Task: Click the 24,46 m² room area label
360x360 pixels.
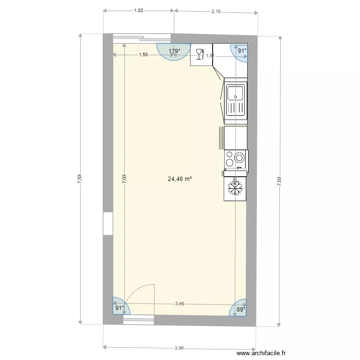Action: coord(180,179)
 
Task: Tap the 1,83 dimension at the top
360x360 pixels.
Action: coord(138,10)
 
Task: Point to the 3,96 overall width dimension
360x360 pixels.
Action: coord(180,348)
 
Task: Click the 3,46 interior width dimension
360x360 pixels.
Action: coord(180,303)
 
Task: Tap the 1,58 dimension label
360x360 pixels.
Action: coord(143,55)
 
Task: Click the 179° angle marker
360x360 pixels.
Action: coord(174,51)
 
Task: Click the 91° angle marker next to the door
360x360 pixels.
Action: coord(119,308)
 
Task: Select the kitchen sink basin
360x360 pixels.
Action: coord(236,93)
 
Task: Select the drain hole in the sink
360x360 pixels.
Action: coord(236,96)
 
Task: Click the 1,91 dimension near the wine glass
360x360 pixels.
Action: coord(210,56)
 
